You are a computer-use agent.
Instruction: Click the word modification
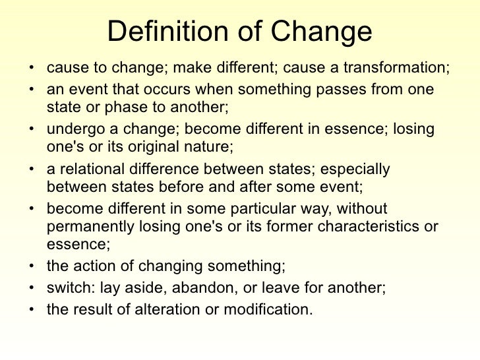point(265,307)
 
